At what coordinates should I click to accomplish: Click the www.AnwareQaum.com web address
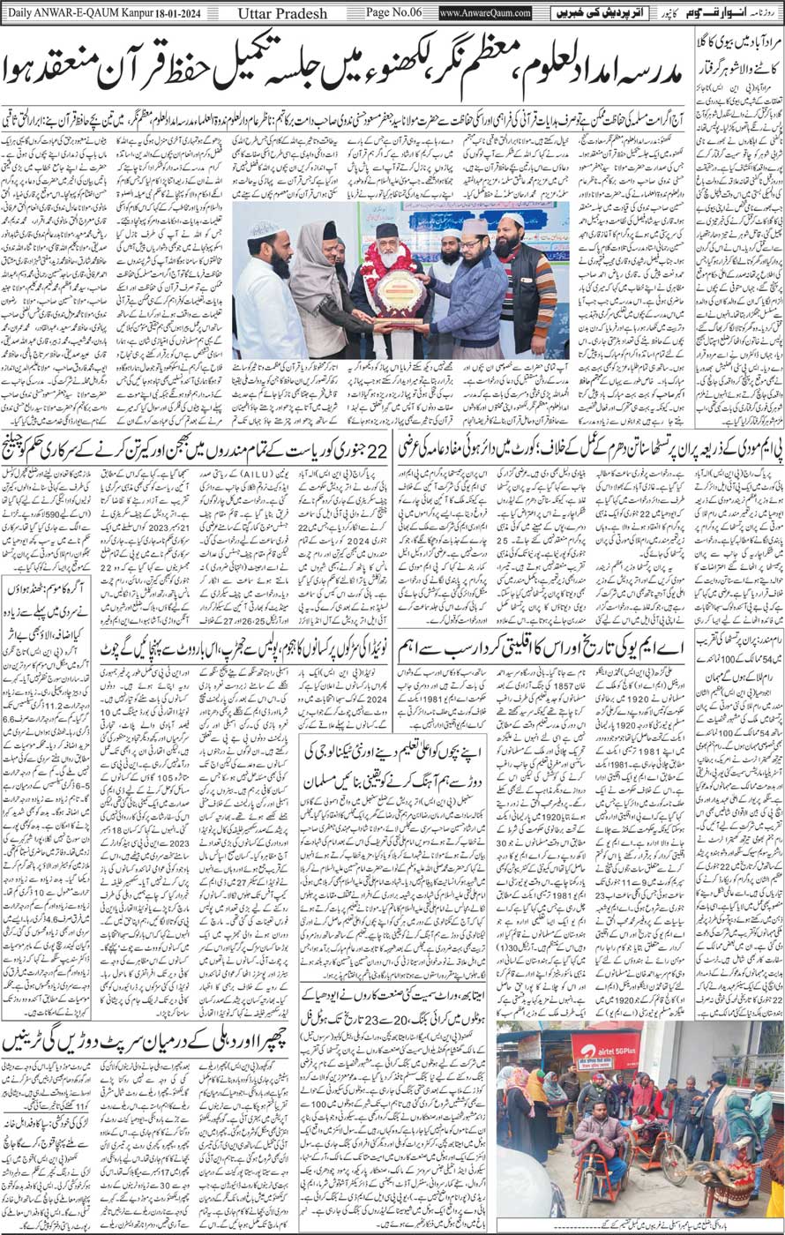tap(485, 12)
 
